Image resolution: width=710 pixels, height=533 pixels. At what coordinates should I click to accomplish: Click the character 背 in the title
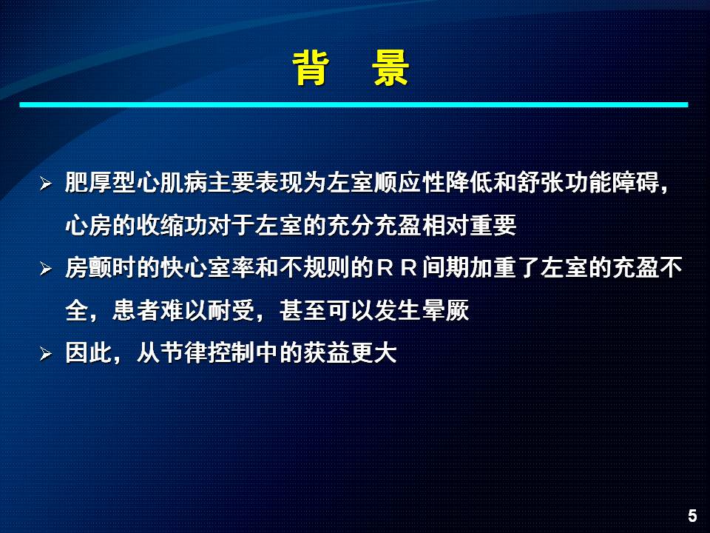point(311,68)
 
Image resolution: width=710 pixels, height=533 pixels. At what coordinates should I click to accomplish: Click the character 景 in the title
point(390,68)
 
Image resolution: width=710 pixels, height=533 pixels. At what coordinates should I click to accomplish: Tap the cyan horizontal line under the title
point(354,104)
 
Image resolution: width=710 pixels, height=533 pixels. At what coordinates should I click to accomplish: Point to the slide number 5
point(692,515)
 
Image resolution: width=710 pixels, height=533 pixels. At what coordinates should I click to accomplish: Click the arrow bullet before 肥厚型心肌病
point(45,184)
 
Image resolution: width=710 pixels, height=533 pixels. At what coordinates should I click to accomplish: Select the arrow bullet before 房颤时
point(45,268)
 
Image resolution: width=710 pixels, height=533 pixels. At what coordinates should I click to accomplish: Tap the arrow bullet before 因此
point(45,353)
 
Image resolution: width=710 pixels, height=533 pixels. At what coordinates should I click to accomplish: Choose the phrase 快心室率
point(207,267)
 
